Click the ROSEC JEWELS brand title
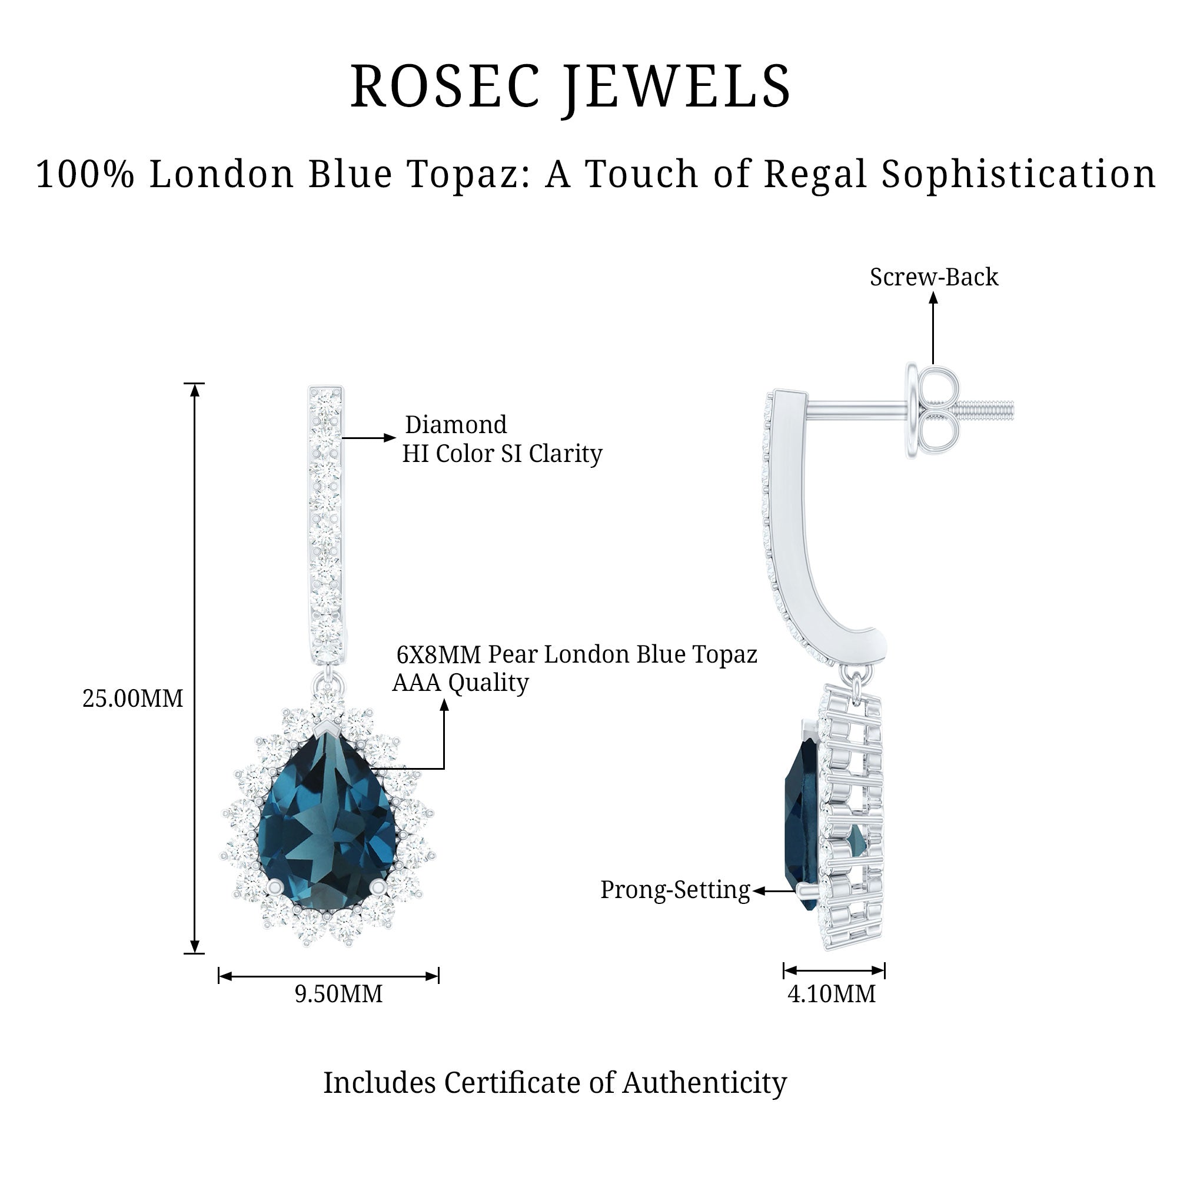tap(570, 87)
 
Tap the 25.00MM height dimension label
tap(133, 699)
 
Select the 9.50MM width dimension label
tap(339, 993)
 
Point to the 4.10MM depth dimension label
tap(832, 993)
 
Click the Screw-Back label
tap(934, 278)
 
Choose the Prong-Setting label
tap(675, 890)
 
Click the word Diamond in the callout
tap(455, 425)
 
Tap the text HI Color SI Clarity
tap(502, 454)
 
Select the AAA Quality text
tap(460, 683)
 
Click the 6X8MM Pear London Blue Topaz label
tap(576, 655)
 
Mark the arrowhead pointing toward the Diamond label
tap(390, 437)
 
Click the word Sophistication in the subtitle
tap(1019, 174)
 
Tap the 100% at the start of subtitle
tap(85, 174)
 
